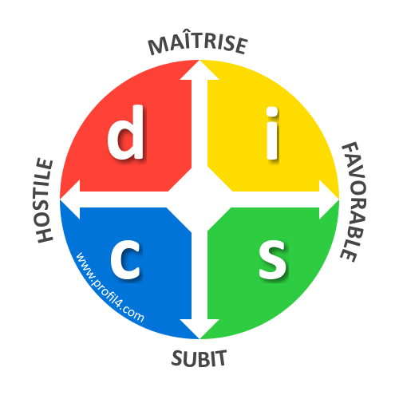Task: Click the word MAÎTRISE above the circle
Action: pyautogui.click(x=198, y=44)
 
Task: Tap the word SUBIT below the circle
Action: pyautogui.click(x=199, y=358)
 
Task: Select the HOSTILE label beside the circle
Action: pyautogui.click(x=44, y=200)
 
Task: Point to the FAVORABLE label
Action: pyautogui.click(x=354, y=202)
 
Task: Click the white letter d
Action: pyautogui.click(x=126, y=132)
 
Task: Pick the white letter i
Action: pyautogui.click(x=272, y=133)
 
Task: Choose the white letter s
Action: pyautogui.click(x=273, y=259)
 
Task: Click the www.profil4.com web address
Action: pyautogui.click(x=109, y=288)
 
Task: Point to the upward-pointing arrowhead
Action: pyautogui.click(x=199, y=70)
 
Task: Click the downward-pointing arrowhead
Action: pyautogui.click(x=199, y=329)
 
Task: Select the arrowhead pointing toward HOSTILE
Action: pyautogui.click(x=70, y=199)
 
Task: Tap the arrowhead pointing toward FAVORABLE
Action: pyautogui.click(x=329, y=199)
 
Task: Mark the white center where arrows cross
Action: pyautogui.click(x=199, y=199)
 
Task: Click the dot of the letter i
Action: pyautogui.click(x=272, y=112)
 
